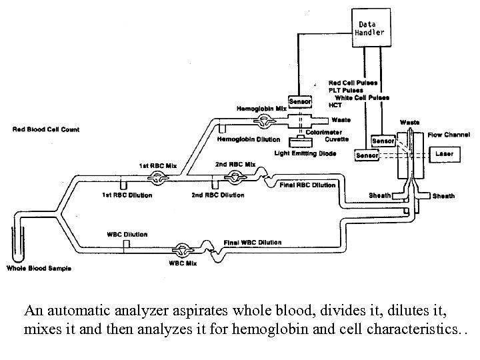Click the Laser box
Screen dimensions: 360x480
pos(444,154)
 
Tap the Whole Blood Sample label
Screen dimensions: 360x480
pos(38,269)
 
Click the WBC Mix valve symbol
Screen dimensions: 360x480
pos(181,251)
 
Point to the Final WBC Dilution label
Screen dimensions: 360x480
pos(253,242)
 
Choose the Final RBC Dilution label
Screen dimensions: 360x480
pos(308,185)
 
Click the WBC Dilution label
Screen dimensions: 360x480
pos(127,235)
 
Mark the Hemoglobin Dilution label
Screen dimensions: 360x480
pos(249,139)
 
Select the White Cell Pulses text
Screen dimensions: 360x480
pos(361,97)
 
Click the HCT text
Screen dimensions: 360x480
pos(335,105)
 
